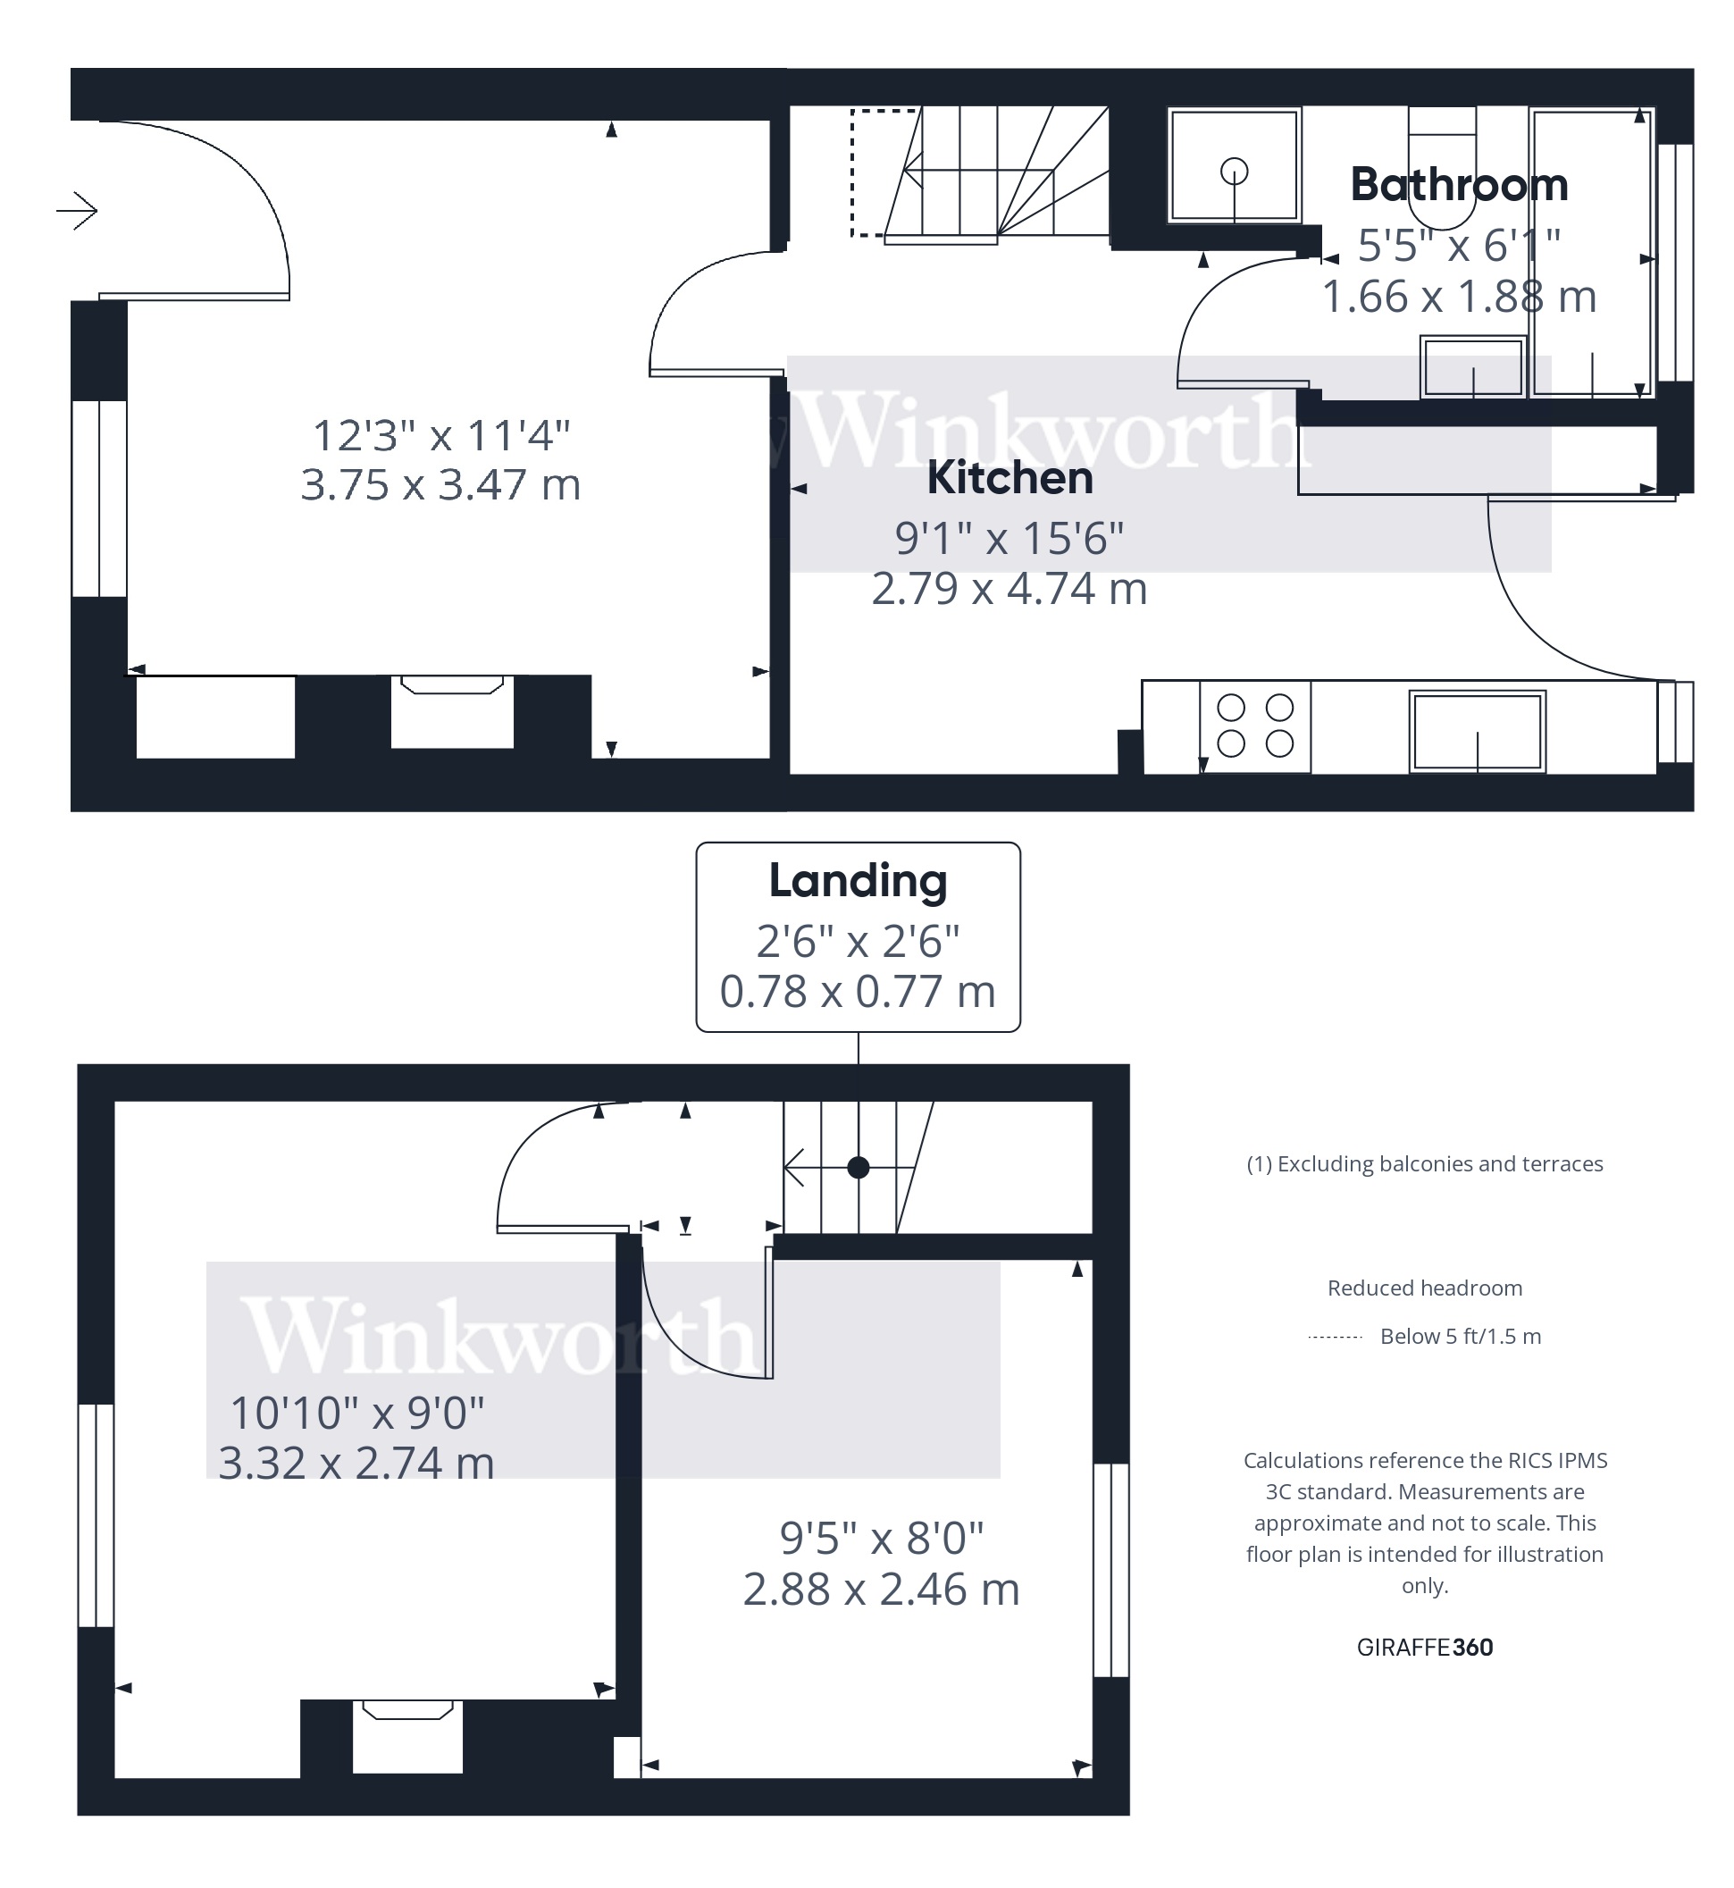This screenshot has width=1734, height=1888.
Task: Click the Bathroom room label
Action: click(x=1458, y=185)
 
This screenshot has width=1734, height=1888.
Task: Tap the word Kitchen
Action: click(x=1009, y=479)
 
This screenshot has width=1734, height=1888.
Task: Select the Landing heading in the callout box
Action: click(x=858, y=881)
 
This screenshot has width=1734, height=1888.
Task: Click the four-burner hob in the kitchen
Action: click(x=1254, y=726)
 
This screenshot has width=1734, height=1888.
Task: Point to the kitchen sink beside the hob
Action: click(x=1477, y=732)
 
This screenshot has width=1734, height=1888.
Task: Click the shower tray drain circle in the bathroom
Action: click(x=1234, y=172)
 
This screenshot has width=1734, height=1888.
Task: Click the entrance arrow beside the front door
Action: click(x=78, y=210)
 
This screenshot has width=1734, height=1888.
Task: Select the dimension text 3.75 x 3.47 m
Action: click(x=440, y=485)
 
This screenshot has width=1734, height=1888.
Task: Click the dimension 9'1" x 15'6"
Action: click(x=1009, y=539)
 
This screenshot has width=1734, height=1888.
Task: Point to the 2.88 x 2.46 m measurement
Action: click(x=880, y=1590)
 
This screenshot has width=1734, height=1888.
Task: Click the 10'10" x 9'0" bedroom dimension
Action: click(x=356, y=1414)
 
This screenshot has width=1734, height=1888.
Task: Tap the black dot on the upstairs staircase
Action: click(x=858, y=1167)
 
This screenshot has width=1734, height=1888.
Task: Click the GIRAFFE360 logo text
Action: click(x=1423, y=1647)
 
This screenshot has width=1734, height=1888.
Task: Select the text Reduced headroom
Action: click(x=1423, y=1288)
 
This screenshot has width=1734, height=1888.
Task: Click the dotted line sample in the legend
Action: click(x=1335, y=1336)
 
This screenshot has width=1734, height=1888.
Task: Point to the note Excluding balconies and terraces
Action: click(x=1423, y=1163)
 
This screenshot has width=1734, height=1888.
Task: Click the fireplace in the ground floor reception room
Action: click(x=452, y=711)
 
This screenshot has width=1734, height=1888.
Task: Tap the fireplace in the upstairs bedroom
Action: click(x=407, y=1736)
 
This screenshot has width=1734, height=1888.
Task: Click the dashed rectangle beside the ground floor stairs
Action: click(x=870, y=172)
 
